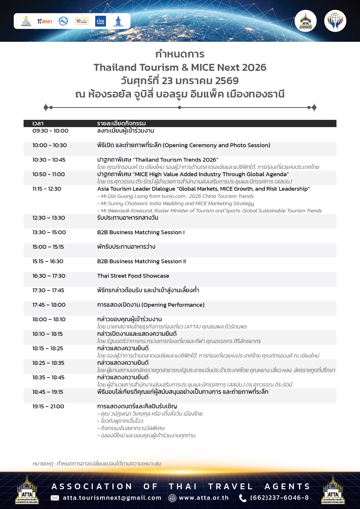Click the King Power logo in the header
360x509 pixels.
pos(100,21)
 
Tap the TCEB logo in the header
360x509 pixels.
pos(26,21)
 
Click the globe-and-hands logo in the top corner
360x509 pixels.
pos(335,21)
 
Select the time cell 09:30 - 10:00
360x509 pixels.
pos(51,131)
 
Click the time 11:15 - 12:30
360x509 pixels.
pos(47,189)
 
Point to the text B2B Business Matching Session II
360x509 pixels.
pos(141,261)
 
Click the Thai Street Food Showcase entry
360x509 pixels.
pos(133,276)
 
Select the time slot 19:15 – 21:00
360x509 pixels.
pos(48,407)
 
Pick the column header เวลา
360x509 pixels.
pos(38,123)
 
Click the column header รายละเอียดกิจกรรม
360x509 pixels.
pos(121,123)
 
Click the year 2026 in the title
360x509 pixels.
pos(254,67)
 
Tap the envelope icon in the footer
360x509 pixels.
pos(55,498)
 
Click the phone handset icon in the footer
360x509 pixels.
pos(242,498)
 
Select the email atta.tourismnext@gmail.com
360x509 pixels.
pos(112,498)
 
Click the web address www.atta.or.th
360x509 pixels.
pos(204,498)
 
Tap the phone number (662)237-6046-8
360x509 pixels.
pos(279,498)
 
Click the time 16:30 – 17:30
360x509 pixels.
pos(49,276)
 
